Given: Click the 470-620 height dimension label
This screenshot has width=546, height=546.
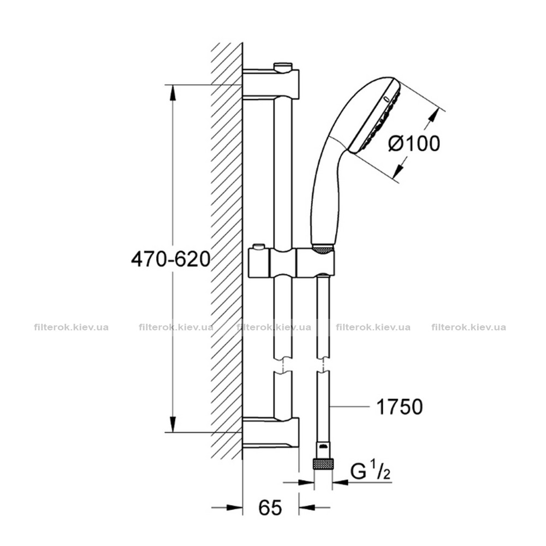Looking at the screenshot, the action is (x=170, y=259).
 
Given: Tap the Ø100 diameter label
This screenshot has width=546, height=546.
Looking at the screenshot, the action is (x=414, y=143).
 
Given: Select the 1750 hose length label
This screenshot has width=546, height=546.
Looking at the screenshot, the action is (x=400, y=406).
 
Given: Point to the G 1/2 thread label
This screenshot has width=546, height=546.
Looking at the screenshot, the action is (x=370, y=472).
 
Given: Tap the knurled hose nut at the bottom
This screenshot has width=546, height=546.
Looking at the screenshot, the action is (x=323, y=464).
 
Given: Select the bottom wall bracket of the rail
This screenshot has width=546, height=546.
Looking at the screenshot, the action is (x=271, y=432).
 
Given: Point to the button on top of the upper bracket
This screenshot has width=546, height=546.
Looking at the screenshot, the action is (x=283, y=66).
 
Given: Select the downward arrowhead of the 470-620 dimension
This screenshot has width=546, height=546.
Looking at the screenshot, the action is (x=173, y=424).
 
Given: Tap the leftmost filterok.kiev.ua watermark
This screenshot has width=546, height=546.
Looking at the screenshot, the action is (x=72, y=327).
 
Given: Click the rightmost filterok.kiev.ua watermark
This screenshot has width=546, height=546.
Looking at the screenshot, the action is (x=468, y=327).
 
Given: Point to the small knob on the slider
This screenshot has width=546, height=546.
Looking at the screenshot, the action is (x=258, y=247).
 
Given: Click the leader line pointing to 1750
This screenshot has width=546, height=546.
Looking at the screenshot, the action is (x=349, y=406).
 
